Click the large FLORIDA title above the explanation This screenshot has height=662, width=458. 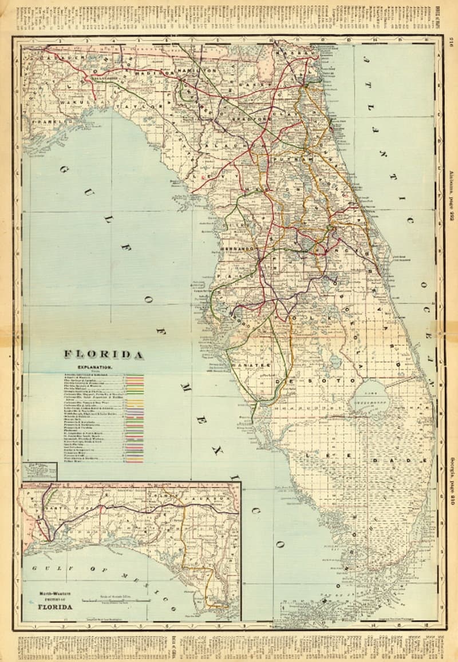pyautogui.click(x=104, y=355)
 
